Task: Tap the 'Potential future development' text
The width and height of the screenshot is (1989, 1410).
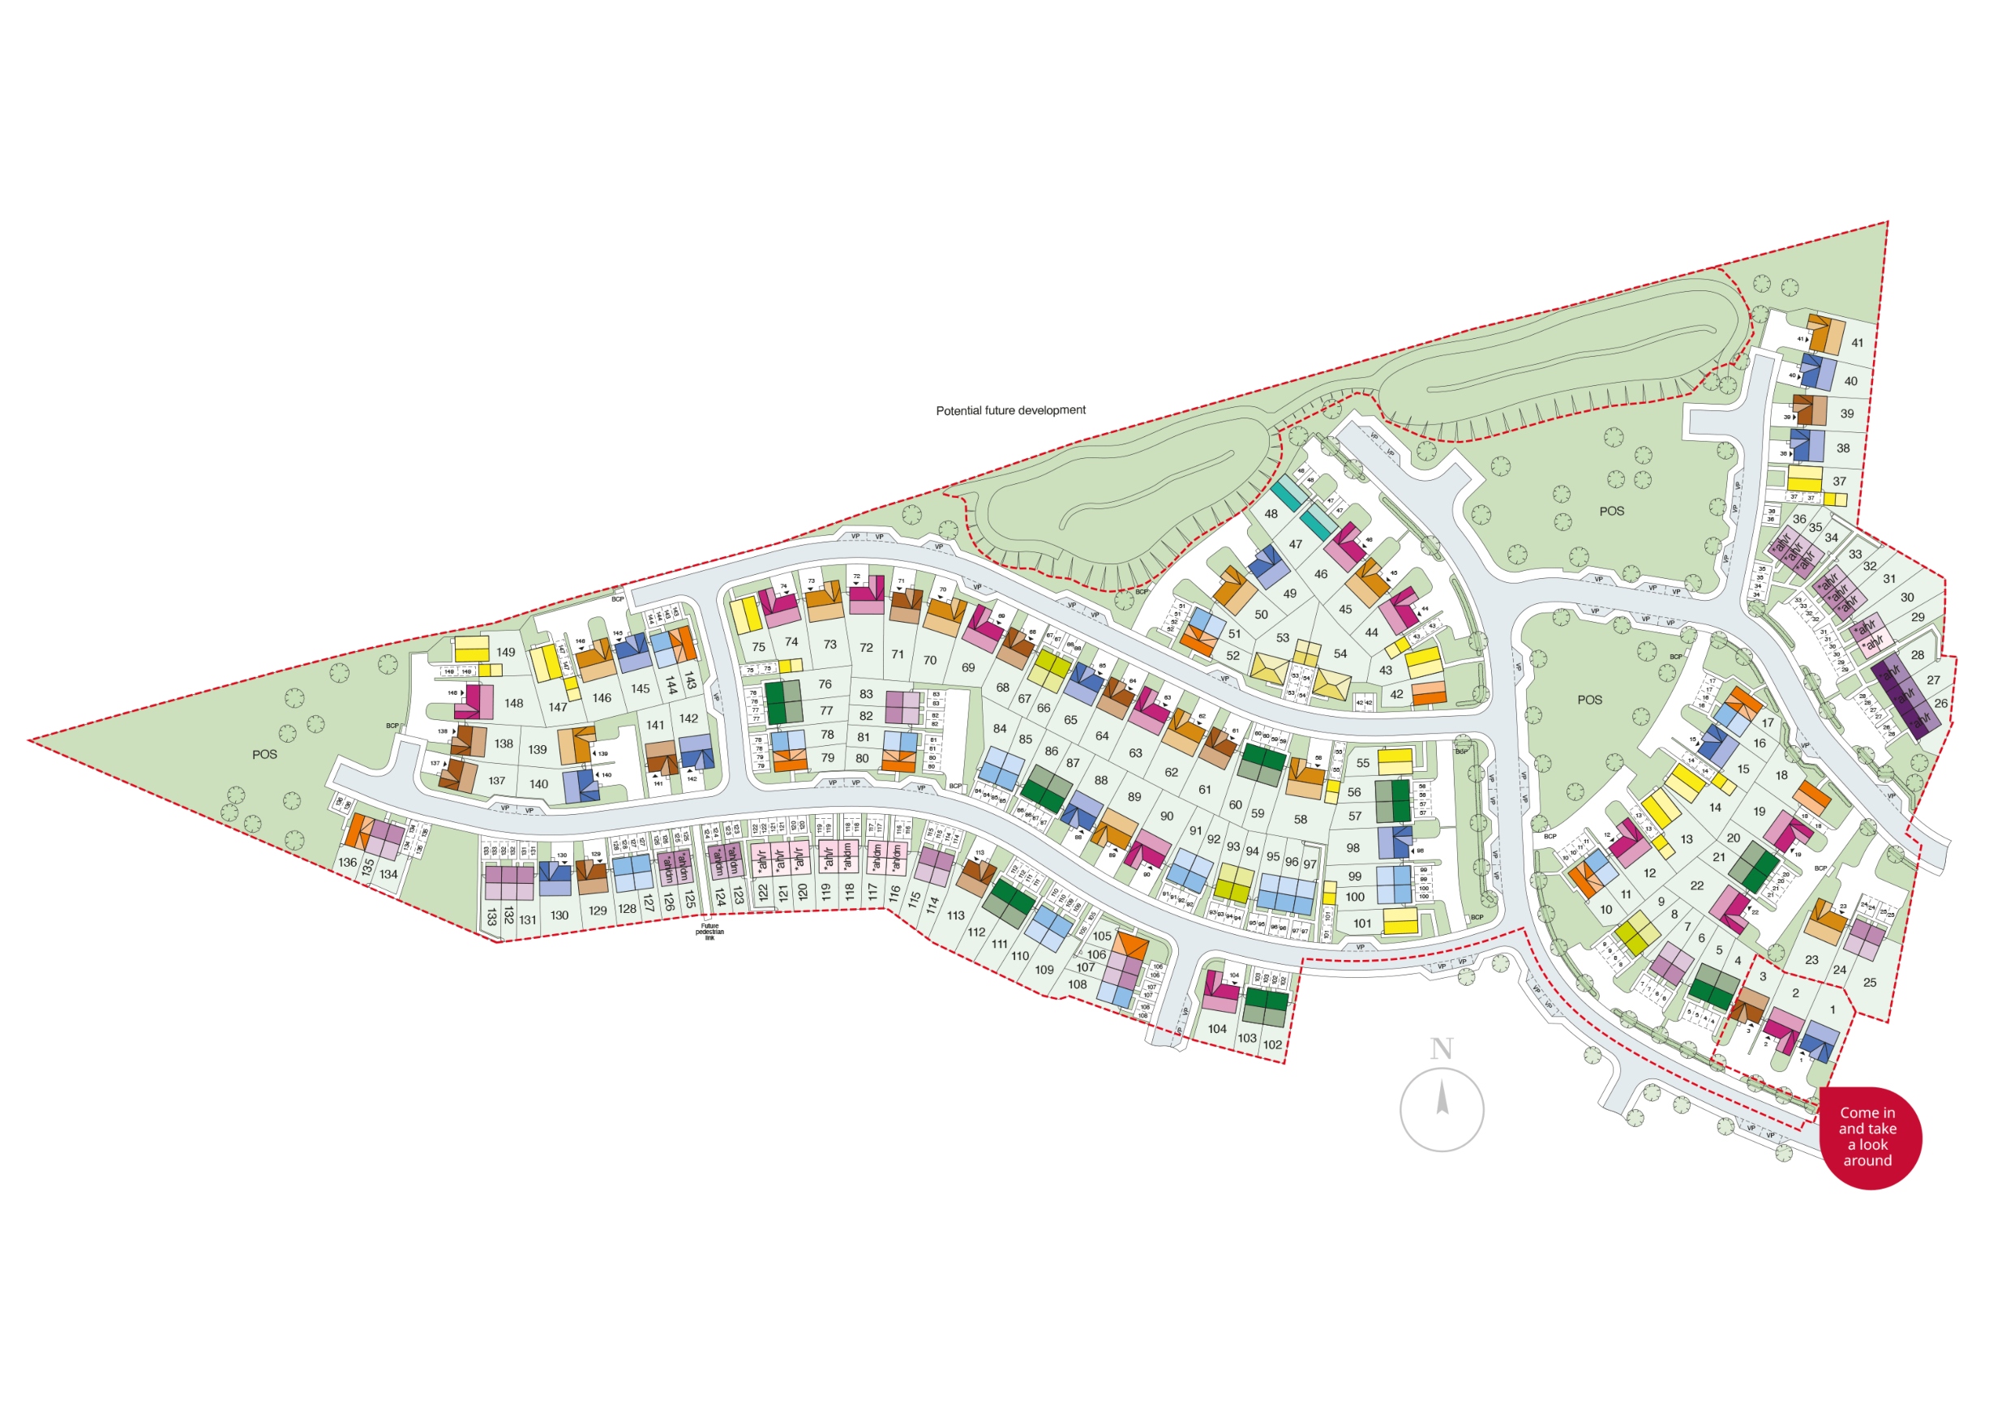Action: tap(1010, 410)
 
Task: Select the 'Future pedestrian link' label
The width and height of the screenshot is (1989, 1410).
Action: tap(709, 932)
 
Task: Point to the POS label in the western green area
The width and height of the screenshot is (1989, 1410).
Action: tap(265, 755)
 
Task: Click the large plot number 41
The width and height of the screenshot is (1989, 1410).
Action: tap(1857, 343)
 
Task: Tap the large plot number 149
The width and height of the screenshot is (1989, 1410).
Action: tap(506, 652)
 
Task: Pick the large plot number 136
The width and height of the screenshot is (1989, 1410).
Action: tap(348, 862)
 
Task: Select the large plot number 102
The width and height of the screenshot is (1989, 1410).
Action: tap(1273, 1044)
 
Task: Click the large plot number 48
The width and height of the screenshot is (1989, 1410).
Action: tap(1271, 514)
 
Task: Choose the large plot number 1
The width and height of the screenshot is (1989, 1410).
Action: tap(1833, 1009)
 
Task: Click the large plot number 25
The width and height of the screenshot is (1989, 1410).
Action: tap(1869, 983)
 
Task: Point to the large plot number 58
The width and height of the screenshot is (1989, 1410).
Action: tap(1300, 819)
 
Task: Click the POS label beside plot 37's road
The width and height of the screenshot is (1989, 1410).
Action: tap(1611, 512)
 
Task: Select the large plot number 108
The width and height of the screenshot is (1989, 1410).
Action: tap(1078, 984)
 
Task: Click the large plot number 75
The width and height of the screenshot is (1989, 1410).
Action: tap(759, 647)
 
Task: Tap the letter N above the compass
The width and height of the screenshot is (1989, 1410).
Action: tap(1441, 1049)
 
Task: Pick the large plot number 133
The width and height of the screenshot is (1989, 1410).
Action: tap(491, 917)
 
